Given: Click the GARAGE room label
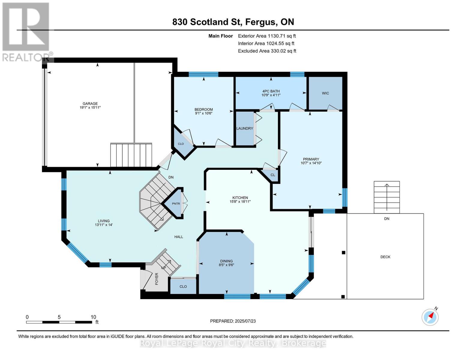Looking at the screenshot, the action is (90, 103).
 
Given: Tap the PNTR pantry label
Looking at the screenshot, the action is (176, 204).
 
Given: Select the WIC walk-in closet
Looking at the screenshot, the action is (325, 93).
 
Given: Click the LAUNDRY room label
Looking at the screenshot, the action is (245, 128).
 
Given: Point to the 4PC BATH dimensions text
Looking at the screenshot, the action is (271, 95).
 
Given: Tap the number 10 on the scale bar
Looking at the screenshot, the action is (93, 317).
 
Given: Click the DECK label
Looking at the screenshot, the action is (385, 257).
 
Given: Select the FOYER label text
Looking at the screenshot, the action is (157, 279).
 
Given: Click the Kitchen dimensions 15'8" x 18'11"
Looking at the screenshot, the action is (240, 202).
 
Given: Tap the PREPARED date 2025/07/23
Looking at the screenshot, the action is (245, 321).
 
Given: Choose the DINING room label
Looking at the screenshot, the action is (227, 261).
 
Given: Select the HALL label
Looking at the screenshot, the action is (179, 237).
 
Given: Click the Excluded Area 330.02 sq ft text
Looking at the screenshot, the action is (267, 51).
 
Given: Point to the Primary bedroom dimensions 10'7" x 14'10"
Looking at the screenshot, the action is (311, 163).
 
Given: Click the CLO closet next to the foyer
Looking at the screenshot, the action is (183, 287).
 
